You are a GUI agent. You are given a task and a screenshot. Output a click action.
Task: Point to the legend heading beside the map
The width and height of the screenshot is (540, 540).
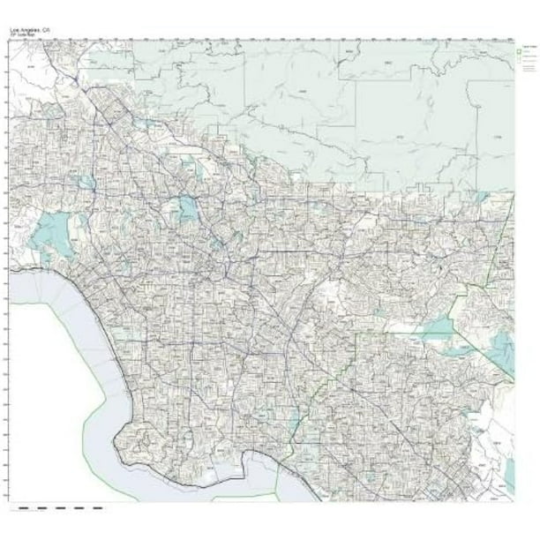point(525,43)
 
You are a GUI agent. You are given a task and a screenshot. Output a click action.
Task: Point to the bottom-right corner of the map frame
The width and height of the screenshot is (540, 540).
point(514,500)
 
